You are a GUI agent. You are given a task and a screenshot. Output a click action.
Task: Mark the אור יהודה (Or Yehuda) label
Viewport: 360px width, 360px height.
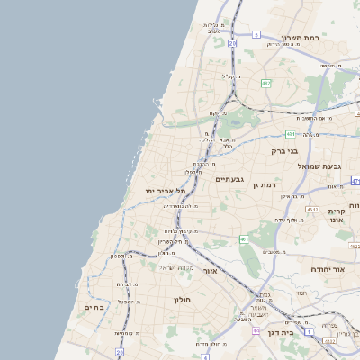click(x=326, y=269)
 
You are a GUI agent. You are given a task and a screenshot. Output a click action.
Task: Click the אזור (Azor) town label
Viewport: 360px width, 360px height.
click(x=210, y=270)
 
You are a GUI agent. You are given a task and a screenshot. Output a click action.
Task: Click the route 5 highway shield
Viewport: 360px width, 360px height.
click(x=256, y=35)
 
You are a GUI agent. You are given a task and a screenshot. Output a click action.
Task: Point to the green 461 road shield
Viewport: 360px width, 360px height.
click(x=244, y=239)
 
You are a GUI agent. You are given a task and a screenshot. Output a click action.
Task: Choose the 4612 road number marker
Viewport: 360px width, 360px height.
click(x=312, y=209)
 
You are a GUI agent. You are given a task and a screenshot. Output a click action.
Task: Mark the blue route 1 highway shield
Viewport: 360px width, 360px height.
click(x=310, y=332)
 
